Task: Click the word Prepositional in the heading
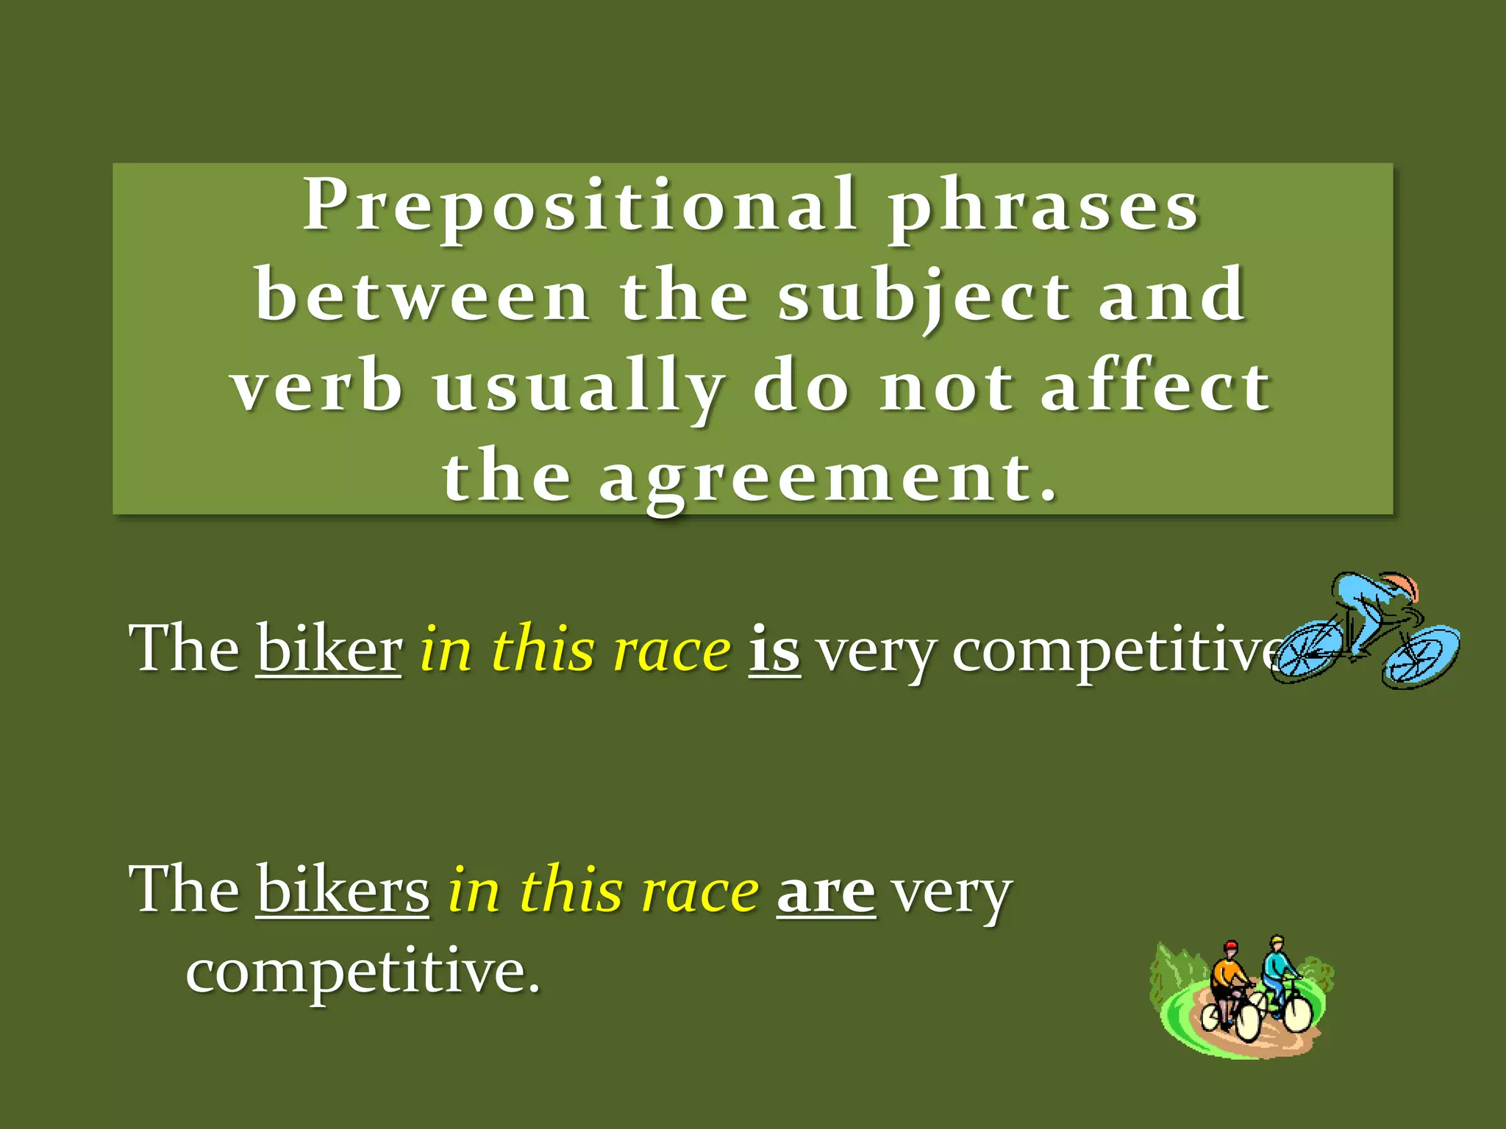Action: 579,204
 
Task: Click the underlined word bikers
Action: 343,890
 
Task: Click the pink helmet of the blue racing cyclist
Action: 1402,586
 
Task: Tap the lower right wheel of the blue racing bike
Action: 1419,656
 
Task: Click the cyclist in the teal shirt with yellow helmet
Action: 1278,967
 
